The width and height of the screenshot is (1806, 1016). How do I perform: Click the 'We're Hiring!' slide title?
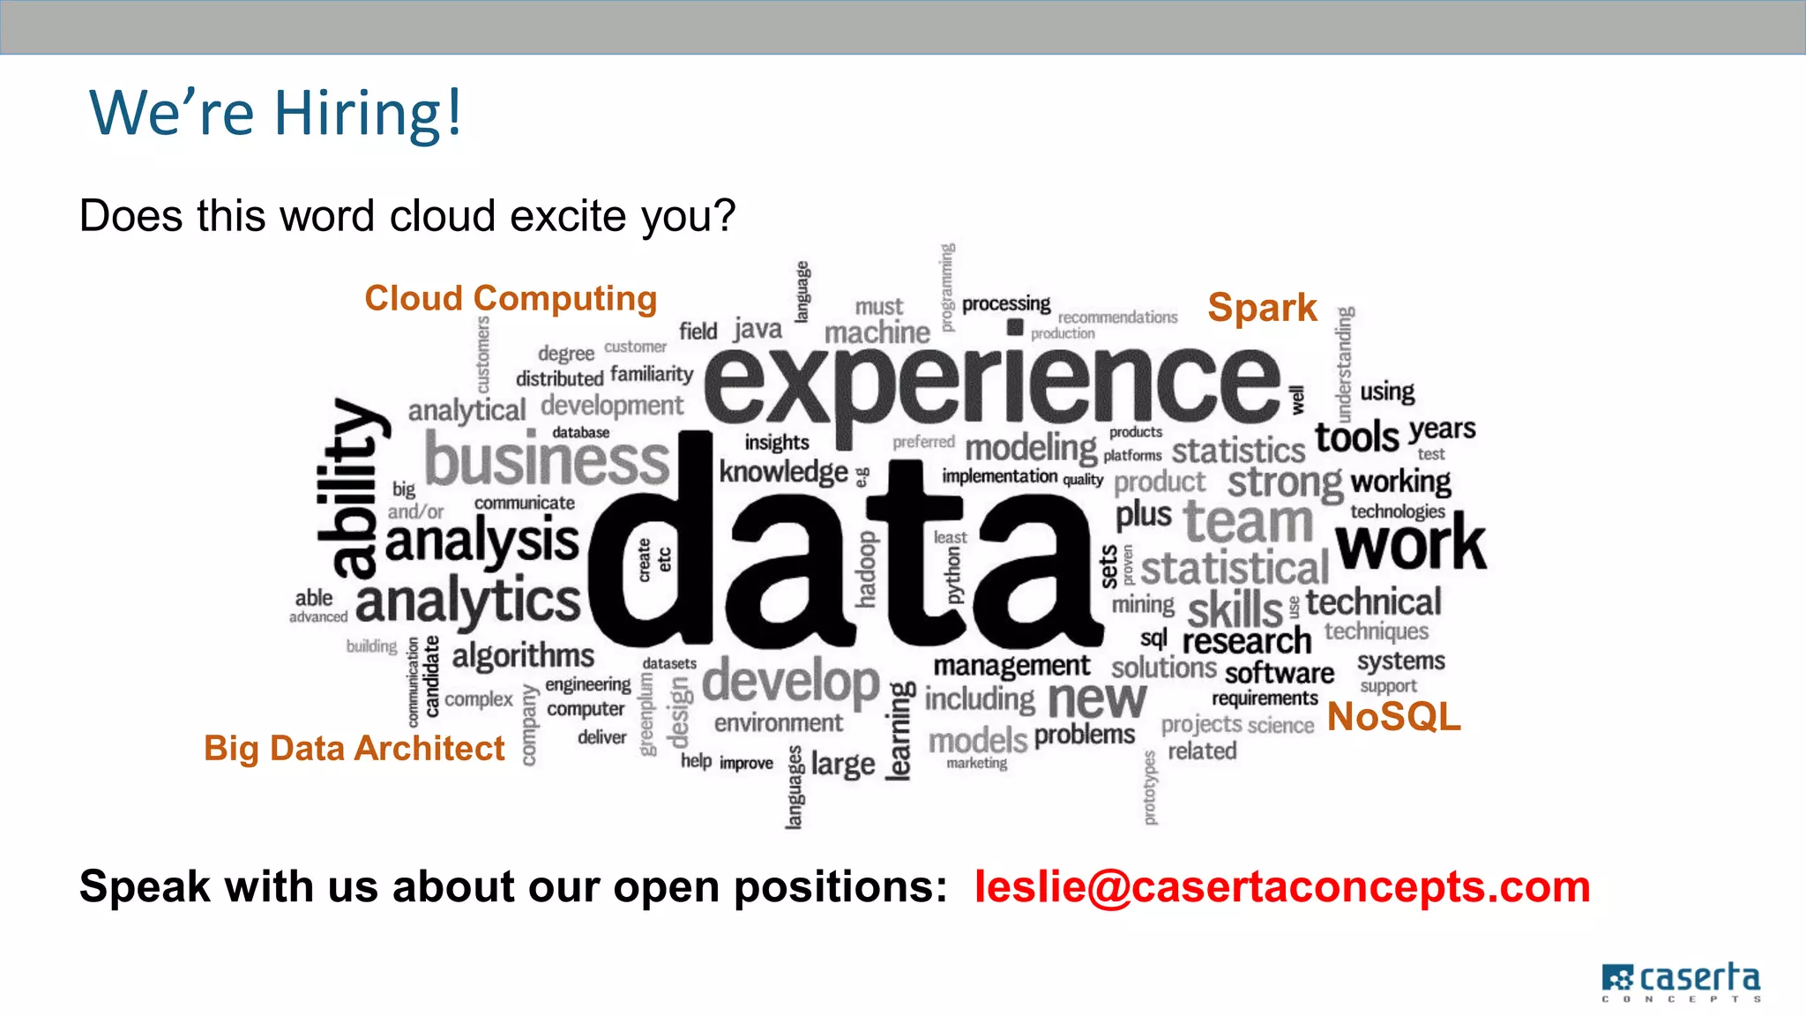(275, 113)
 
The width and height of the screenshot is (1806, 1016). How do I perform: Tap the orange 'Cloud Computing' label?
(511, 298)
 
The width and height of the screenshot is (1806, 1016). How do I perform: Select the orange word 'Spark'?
(1262, 308)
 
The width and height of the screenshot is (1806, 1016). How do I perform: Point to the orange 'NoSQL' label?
(1393, 716)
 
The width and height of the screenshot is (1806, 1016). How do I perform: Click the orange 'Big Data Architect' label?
(354, 748)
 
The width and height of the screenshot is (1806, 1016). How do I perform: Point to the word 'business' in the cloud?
(547, 459)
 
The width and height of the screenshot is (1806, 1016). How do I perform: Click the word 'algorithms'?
(523, 655)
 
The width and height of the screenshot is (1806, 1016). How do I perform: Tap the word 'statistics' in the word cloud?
(1237, 451)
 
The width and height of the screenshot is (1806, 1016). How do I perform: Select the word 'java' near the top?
(757, 330)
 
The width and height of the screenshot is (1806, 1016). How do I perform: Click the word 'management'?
(1011, 666)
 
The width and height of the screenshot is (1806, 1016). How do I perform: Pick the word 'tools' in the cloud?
(1356, 437)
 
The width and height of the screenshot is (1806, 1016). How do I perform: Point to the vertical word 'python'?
(953, 574)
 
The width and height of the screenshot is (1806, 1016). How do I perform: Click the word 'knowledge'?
(783, 472)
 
